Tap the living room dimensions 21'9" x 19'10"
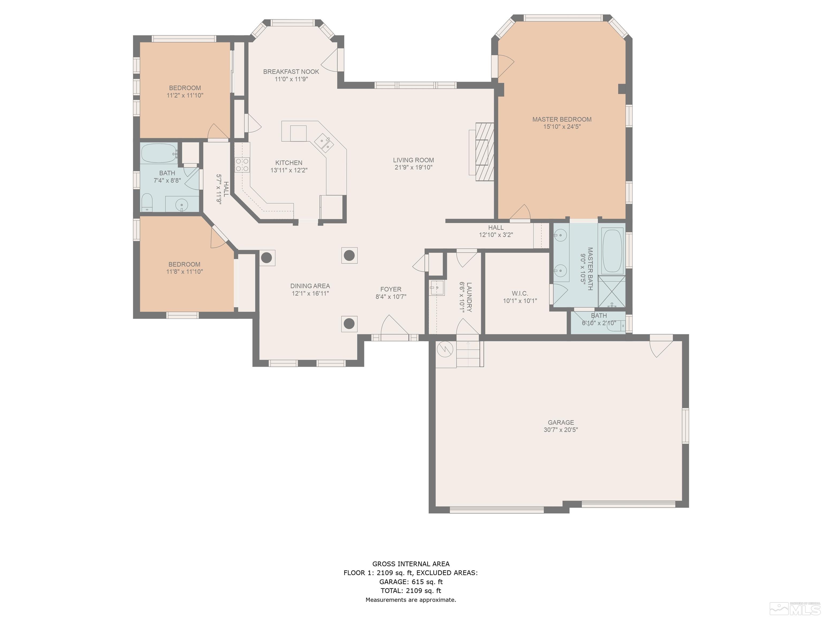point(413,167)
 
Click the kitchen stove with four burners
point(242,165)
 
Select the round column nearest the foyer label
point(349,255)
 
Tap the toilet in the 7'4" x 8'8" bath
point(147,202)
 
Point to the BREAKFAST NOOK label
point(291,72)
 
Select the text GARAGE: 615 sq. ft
point(411,582)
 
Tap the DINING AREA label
point(310,286)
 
